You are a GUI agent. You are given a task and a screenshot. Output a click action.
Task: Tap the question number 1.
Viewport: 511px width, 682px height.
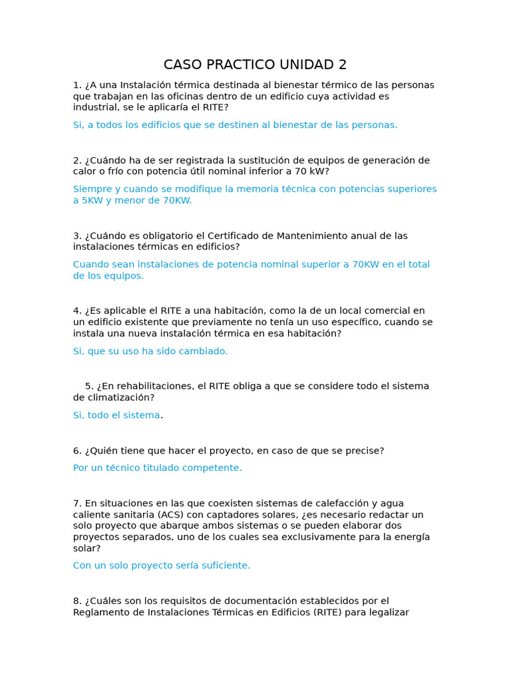coord(77,85)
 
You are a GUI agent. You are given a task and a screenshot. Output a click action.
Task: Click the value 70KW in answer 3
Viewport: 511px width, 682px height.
coord(366,264)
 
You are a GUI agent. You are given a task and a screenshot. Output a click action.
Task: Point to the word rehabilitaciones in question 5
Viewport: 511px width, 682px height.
coord(158,386)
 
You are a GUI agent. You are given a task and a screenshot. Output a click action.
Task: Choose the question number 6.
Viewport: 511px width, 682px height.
coord(77,451)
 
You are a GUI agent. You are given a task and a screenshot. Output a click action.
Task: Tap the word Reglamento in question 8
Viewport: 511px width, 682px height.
coord(100,612)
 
